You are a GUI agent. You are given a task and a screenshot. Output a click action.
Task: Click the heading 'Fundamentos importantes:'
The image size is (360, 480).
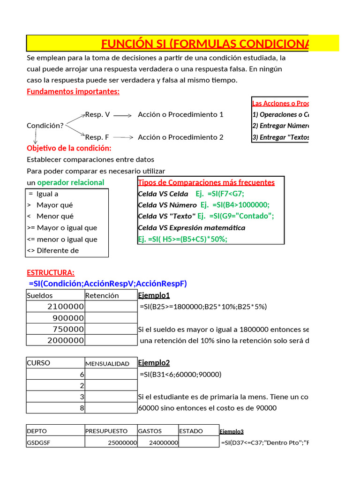pos(73,91)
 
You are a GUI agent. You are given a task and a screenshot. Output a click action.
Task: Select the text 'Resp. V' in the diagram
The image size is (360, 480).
pos(97,114)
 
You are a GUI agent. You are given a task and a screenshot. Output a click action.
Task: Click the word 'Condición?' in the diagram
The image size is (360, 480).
pos(45,126)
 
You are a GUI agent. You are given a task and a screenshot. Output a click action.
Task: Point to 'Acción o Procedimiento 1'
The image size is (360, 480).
pos(180,114)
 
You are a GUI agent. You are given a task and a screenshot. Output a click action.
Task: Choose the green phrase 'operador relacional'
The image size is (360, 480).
pos(71,182)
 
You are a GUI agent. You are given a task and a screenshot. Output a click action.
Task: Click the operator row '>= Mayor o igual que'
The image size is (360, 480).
pos(62,228)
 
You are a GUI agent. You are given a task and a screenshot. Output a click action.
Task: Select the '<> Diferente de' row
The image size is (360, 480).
pos(53,250)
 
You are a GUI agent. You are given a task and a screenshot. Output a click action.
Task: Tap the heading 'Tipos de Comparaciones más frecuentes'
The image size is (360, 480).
pos(206,182)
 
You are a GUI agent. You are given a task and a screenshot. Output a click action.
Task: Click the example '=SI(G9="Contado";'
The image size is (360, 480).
pos(235,216)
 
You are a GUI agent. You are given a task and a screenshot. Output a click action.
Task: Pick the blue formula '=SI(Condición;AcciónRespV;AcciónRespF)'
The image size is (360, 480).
pos(108,284)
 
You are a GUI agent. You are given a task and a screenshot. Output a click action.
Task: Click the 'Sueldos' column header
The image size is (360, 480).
pos(40,295)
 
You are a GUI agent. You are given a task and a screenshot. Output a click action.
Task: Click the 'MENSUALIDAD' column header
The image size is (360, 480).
pos(107,363)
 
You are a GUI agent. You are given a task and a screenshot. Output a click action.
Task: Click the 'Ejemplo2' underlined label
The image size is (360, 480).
pos(154,363)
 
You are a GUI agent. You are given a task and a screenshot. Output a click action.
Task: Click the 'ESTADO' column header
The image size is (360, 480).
pos(191,431)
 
